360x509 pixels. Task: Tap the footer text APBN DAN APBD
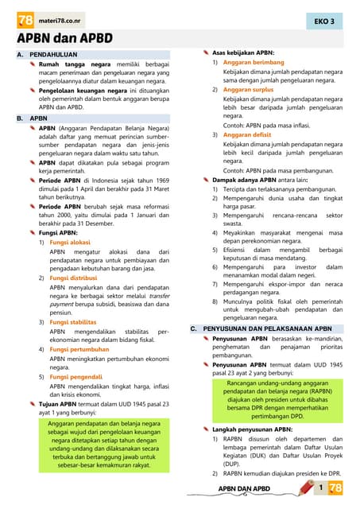244,488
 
